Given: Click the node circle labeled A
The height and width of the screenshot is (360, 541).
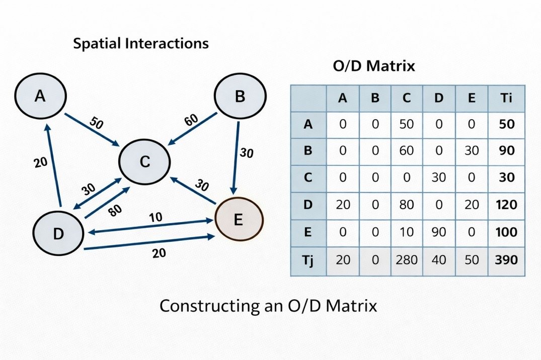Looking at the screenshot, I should pyautogui.click(x=40, y=97).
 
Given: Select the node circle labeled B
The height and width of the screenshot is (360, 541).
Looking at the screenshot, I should pyautogui.click(x=240, y=97).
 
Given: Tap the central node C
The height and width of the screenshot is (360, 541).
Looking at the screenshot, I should pyautogui.click(x=144, y=162).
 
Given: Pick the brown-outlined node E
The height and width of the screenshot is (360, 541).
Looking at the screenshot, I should pyautogui.click(x=239, y=220).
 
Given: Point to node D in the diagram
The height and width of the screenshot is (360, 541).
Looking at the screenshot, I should pyautogui.click(x=58, y=233).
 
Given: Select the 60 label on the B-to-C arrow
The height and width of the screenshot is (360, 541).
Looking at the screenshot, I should pyautogui.click(x=191, y=121).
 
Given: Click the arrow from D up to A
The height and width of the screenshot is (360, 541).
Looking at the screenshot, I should pyautogui.click(x=53, y=166).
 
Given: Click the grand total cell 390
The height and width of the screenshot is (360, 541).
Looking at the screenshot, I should pyautogui.click(x=506, y=259).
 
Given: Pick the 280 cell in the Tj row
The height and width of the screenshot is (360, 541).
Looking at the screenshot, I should pyautogui.click(x=407, y=259).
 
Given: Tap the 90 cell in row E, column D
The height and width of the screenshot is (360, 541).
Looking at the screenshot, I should pyautogui.click(x=439, y=232).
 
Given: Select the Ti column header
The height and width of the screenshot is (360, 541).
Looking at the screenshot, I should pyautogui.click(x=506, y=98).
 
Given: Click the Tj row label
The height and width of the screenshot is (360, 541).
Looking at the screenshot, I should pyautogui.click(x=308, y=259).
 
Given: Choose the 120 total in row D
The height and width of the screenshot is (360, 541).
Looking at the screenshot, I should pyautogui.click(x=506, y=205).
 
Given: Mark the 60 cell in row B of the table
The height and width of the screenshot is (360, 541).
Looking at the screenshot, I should pyautogui.click(x=407, y=150).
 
